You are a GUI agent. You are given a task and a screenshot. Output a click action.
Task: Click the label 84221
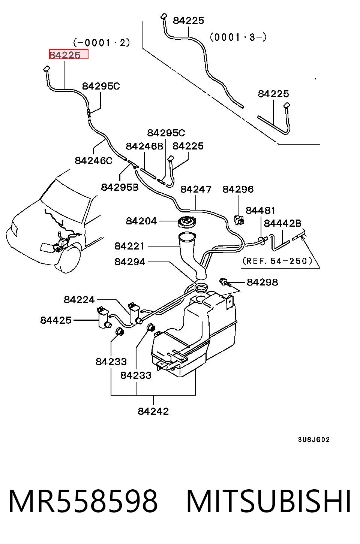[x=129, y=246]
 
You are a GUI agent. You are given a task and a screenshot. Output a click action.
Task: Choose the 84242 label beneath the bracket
[x=153, y=411]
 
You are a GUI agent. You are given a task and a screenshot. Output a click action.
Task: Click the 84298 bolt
[x=224, y=282]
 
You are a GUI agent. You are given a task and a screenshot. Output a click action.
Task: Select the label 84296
[x=238, y=189]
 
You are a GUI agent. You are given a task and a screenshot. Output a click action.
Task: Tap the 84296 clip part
[x=239, y=220]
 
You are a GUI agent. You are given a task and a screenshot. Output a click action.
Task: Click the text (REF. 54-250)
[x=277, y=261]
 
